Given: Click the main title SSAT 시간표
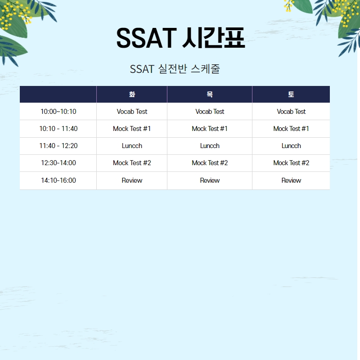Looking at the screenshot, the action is [x=181, y=38].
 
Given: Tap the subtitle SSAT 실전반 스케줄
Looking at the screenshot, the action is [x=175, y=69].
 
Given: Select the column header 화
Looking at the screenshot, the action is [x=132, y=94].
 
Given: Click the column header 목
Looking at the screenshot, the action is [x=210, y=94].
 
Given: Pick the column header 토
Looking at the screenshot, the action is [x=291, y=94].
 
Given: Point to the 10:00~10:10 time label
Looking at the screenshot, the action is [x=58, y=112].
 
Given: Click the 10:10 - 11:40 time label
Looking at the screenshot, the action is [x=58, y=129].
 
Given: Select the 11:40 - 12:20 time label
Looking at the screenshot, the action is [x=58, y=146].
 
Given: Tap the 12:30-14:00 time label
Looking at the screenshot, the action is [x=58, y=163].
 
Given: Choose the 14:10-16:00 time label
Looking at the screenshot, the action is [x=58, y=180].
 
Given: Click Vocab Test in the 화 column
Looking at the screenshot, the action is [x=132, y=112].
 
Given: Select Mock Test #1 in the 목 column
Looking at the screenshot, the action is [x=210, y=129].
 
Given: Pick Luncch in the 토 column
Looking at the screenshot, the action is [x=291, y=146].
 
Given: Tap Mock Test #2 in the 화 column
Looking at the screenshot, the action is [x=132, y=163].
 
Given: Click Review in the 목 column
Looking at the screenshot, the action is [x=210, y=180].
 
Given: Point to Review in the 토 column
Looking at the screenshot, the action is [x=291, y=180].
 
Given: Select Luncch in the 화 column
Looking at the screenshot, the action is [x=132, y=146].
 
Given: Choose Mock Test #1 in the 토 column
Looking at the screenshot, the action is [x=291, y=129].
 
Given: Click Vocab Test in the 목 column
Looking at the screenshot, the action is [x=210, y=112].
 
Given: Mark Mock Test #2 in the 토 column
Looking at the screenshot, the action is [x=291, y=163].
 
